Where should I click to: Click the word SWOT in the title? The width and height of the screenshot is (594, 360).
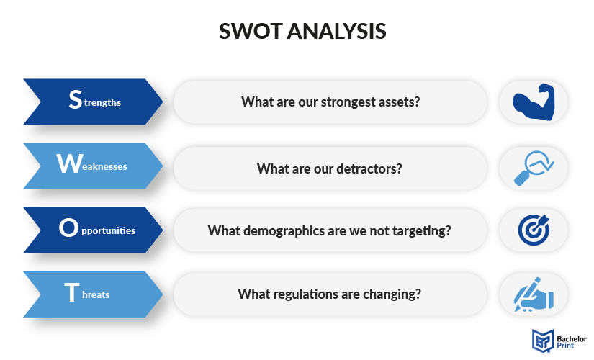[x=251, y=31]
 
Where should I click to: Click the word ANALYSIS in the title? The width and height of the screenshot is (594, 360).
[x=337, y=31]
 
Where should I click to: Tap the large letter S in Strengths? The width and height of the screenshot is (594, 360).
[x=76, y=99]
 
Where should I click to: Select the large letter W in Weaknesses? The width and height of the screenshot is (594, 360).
[x=70, y=163]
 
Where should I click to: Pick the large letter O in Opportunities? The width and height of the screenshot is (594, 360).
[x=68, y=228]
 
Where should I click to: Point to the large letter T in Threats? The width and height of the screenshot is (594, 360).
[x=72, y=292]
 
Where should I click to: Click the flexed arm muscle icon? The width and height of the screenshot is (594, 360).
[x=534, y=102]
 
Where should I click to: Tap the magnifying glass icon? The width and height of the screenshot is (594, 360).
[x=534, y=168]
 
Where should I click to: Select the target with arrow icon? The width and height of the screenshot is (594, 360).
[x=534, y=230]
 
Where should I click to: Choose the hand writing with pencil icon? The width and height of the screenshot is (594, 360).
[x=534, y=294]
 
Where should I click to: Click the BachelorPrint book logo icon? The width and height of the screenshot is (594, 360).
[x=543, y=341]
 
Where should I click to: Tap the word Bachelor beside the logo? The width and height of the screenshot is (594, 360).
[x=572, y=339]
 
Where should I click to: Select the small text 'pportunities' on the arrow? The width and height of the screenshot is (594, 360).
[x=108, y=231]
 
